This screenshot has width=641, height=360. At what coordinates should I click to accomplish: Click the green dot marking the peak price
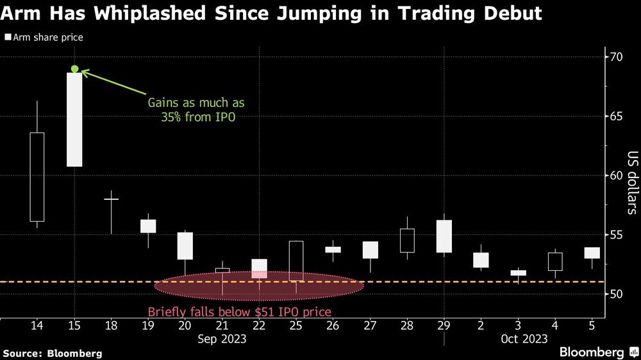tap(75, 69)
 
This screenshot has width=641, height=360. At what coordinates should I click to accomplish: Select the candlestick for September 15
tap(74, 120)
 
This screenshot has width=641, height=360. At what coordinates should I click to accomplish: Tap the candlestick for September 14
tap(37, 176)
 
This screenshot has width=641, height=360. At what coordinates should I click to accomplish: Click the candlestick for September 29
tap(444, 236)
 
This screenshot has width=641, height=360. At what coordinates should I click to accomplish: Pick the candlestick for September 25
tap(296, 261)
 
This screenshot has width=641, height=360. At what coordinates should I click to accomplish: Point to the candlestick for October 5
tap(592, 253)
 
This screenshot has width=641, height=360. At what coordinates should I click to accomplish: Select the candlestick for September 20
tap(185, 245)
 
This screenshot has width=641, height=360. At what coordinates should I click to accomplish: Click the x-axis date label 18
tap(112, 325)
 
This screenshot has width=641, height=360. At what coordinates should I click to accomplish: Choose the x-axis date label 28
tap(407, 325)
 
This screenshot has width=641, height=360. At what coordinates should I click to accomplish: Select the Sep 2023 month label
tap(222, 338)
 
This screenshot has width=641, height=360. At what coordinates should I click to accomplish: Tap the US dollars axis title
tap(631, 182)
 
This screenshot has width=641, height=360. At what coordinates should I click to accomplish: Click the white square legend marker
tap(7, 38)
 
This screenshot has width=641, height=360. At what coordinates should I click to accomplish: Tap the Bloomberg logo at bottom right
tap(592, 352)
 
